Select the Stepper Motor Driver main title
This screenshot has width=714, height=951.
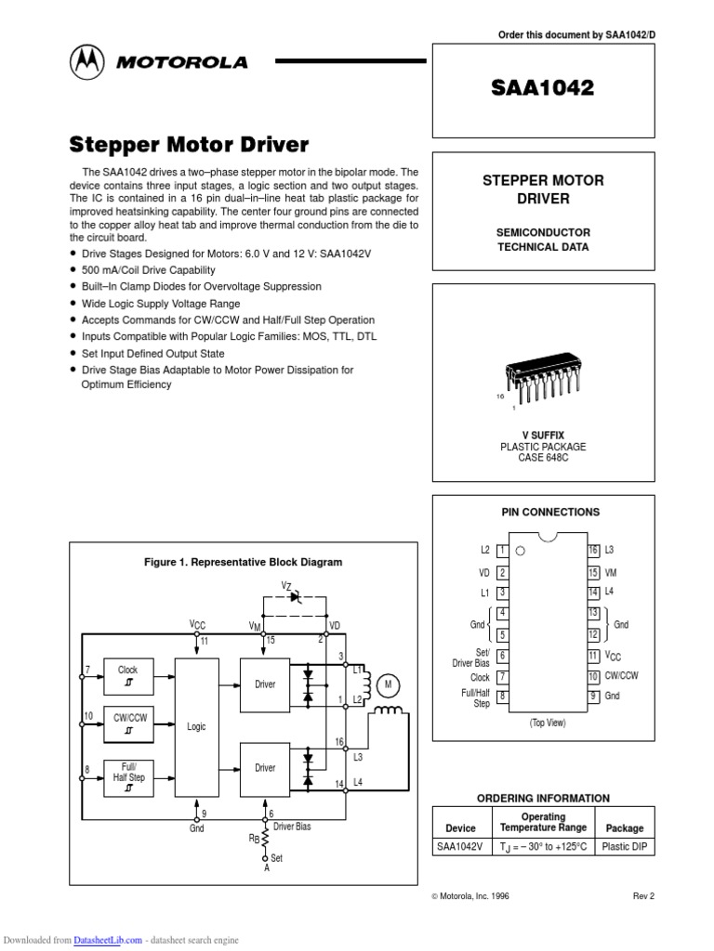(x=190, y=145)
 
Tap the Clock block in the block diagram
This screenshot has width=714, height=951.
(x=127, y=675)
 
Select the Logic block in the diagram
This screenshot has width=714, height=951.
(x=196, y=726)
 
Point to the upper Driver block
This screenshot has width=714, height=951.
(x=266, y=684)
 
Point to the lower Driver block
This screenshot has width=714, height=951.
(x=266, y=768)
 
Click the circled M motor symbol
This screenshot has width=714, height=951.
(x=390, y=685)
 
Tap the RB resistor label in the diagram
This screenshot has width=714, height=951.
(x=253, y=839)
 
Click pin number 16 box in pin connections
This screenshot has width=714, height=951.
(x=593, y=551)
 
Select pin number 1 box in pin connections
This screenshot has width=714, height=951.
(x=502, y=551)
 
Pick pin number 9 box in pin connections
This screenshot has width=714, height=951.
(x=593, y=696)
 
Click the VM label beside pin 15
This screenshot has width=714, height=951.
(x=612, y=572)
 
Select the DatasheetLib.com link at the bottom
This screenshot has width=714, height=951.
(x=108, y=940)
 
